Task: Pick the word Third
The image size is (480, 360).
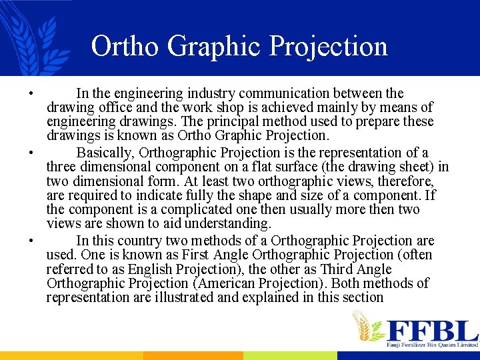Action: [x=364, y=269]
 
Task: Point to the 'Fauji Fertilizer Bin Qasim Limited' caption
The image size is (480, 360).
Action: [x=432, y=345]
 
